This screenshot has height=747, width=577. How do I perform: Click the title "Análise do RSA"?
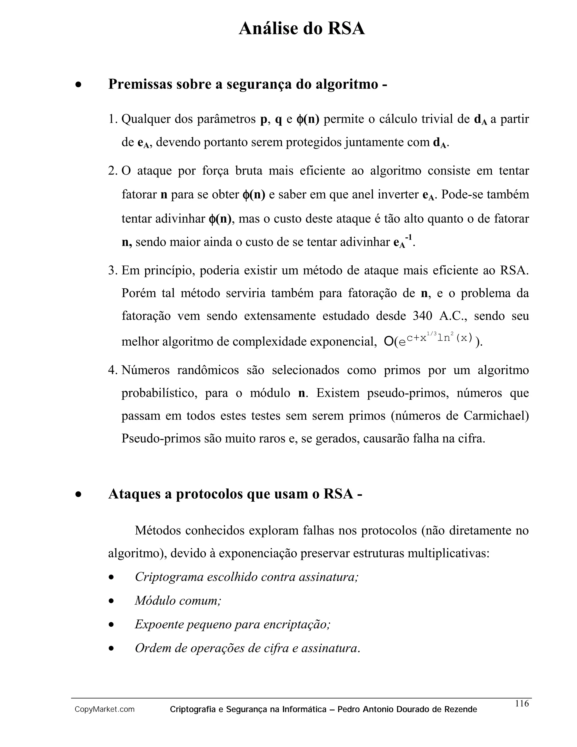pos(302,28)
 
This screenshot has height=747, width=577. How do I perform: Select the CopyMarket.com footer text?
pos(105,710)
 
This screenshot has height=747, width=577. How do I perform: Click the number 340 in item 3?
pos(423,316)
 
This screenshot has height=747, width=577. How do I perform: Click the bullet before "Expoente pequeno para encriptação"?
pos(111,625)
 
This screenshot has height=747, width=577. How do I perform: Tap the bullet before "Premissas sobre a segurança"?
pos(79,85)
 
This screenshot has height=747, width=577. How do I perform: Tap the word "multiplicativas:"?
pos(449,553)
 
